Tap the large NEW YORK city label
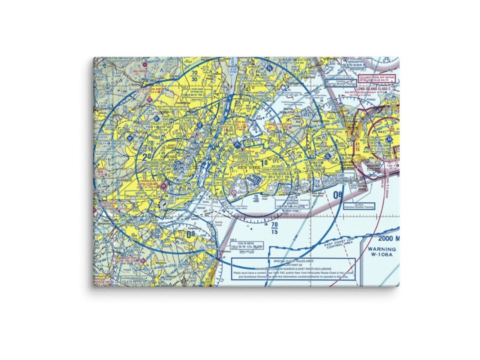click(249, 167)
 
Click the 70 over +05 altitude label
click(255, 198)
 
